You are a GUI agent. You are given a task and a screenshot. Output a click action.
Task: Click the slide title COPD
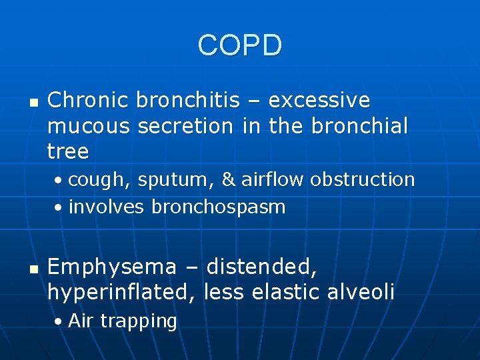[240, 45]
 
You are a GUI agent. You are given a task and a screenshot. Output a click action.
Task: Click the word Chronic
[88, 101]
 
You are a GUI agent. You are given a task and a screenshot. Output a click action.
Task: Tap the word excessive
[319, 101]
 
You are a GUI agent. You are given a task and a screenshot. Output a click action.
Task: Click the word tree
[68, 151]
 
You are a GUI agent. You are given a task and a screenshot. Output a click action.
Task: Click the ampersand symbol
[229, 180]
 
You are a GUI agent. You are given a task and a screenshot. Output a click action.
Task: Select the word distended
[262, 267]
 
